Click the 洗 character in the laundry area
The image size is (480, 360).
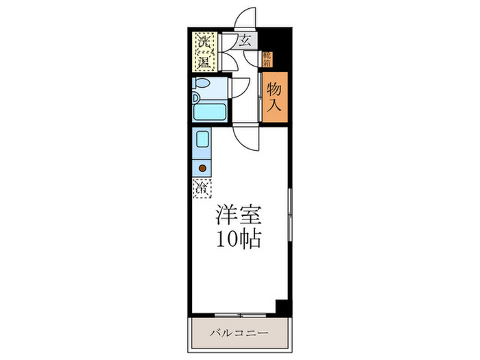204,42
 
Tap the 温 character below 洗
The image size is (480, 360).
204,63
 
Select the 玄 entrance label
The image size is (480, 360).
245,40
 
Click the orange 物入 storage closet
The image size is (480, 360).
274,97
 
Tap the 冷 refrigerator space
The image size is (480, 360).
202,187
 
